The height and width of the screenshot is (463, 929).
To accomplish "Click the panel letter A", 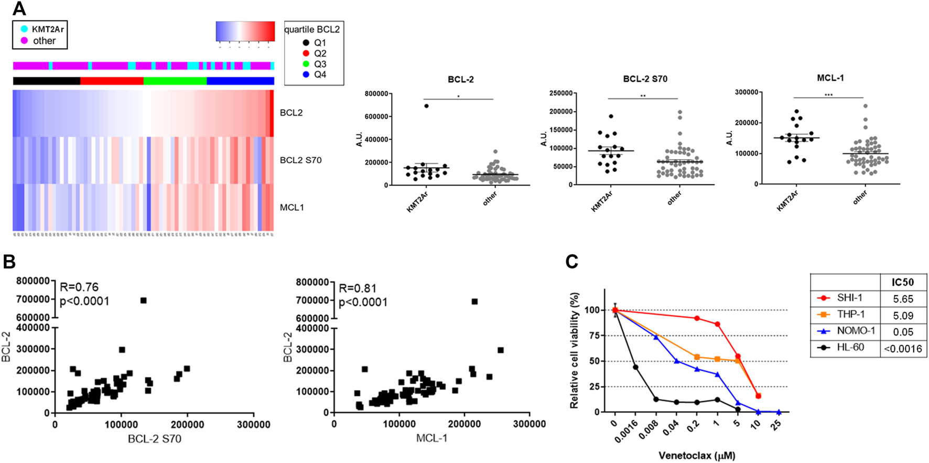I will coord(19,9).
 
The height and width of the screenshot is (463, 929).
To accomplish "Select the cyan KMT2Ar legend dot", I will coord(24,29).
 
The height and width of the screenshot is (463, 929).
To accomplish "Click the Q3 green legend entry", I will coord(306,64).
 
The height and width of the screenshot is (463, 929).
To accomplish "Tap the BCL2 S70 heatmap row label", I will coord(300,160).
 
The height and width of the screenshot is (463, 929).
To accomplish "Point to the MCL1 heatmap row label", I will coord(291,208).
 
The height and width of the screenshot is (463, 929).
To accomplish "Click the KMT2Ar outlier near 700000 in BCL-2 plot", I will coord(426,106).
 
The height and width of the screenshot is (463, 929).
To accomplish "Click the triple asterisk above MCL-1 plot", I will coord(828,95).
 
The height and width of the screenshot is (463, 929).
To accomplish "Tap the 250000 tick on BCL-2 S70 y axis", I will coord(560,93).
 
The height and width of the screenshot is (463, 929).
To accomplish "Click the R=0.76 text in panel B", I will coord(79,287).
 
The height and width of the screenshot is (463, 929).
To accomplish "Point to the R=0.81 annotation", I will coord(358,288).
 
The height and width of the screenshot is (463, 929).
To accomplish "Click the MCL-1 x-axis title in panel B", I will coord(431,438).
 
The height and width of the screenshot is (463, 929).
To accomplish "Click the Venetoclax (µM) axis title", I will coord(697,456).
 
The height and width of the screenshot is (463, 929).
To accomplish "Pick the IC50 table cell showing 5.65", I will coord(903,299).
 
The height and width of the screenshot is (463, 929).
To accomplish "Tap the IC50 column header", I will coord(903,282).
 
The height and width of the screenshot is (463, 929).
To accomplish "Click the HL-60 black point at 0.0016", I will coord(635,367).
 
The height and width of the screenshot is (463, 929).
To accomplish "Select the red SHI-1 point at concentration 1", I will coord(717,325).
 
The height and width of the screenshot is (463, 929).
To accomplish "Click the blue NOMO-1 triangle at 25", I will coord(779,412).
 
